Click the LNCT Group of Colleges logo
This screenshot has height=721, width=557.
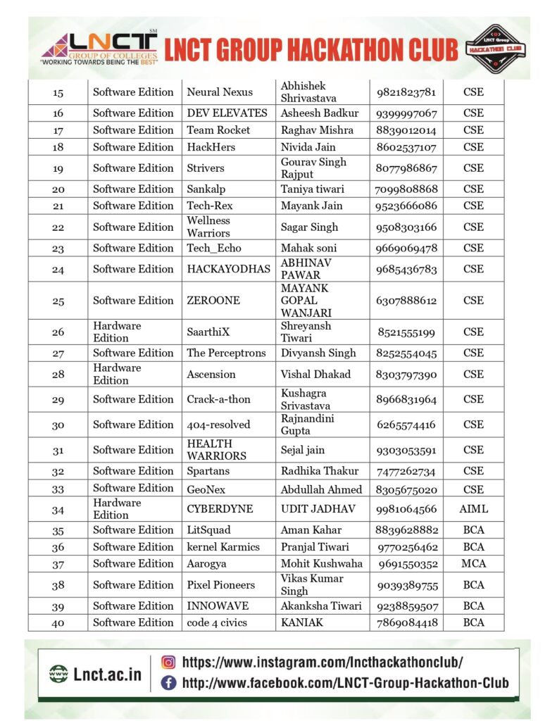[99, 48]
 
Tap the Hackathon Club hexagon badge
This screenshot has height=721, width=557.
[496, 48]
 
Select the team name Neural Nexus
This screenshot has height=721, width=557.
[220, 92]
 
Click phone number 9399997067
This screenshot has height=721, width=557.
[406, 113]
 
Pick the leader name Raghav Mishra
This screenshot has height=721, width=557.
[317, 130]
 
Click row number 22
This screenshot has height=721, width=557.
[58, 227]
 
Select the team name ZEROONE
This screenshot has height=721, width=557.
[213, 301]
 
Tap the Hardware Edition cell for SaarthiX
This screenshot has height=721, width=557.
[117, 332]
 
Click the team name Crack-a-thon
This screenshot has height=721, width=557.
[218, 399]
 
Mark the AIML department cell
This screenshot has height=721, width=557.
[473, 509]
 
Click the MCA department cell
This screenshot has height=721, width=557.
[473, 564]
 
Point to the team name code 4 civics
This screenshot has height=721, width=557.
[217, 622]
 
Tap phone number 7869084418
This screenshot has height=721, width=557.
[406, 622]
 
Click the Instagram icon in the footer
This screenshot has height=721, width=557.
[168, 662]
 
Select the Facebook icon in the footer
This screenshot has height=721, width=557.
[168, 682]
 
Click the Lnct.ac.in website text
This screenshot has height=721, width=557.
[107, 674]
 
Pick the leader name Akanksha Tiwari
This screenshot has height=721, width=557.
[321, 606]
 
